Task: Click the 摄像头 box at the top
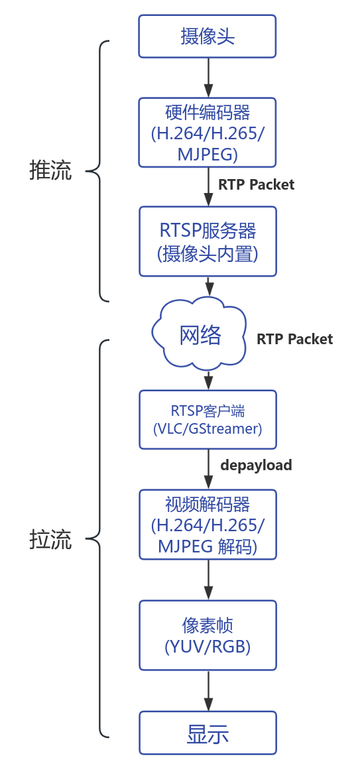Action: click(x=208, y=36)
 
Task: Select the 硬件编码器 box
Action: click(x=208, y=132)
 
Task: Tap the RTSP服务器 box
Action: click(x=208, y=241)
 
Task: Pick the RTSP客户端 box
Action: click(x=208, y=419)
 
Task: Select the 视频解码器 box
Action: click(x=208, y=525)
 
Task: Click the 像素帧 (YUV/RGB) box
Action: click(x=208, y=635)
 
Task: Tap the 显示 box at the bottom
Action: click(x=208, y=733)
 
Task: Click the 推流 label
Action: click(x=50, y=170)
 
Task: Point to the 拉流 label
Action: click(x=50, y=540)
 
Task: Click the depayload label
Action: click(x=256, y=466)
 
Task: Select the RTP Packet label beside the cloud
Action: click(x=294, y=340)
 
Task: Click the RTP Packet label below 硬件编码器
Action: click(x=256, y=185)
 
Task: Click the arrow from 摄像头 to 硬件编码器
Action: click(x=209, y=78)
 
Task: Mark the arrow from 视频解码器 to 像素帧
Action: click(x=209, y=580)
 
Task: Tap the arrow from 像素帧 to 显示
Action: click(x=209, y=690)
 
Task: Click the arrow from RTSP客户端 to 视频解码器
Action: click(x=209, y=469)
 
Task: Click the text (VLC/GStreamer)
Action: click(x=208, y=428)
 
